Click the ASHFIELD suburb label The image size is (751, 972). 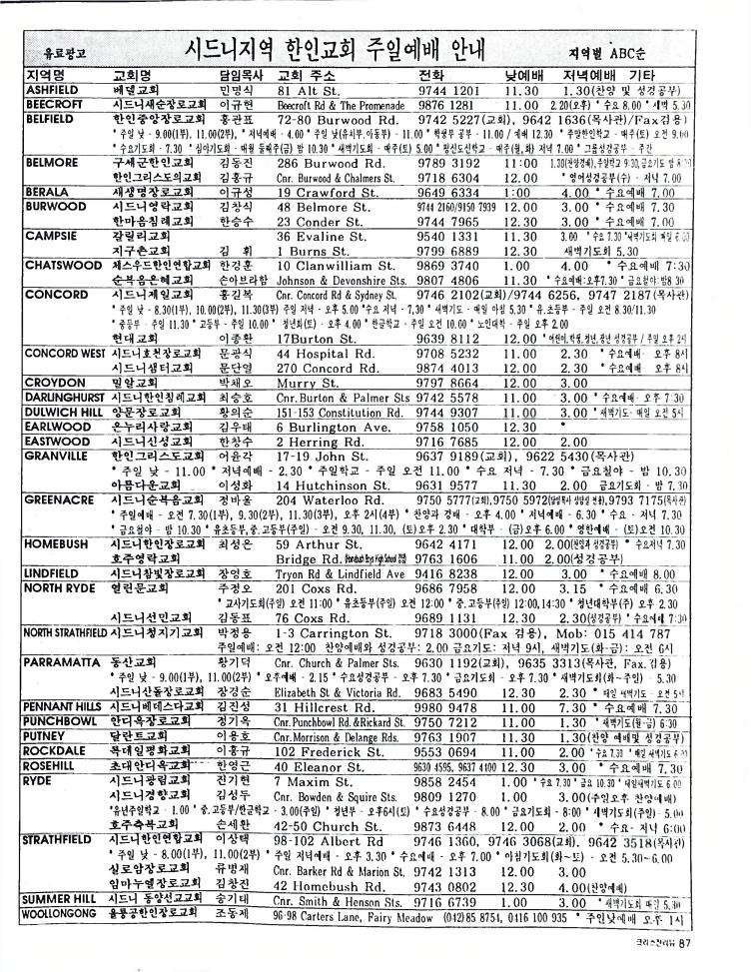pyautogui.click(x=52, y=89)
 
